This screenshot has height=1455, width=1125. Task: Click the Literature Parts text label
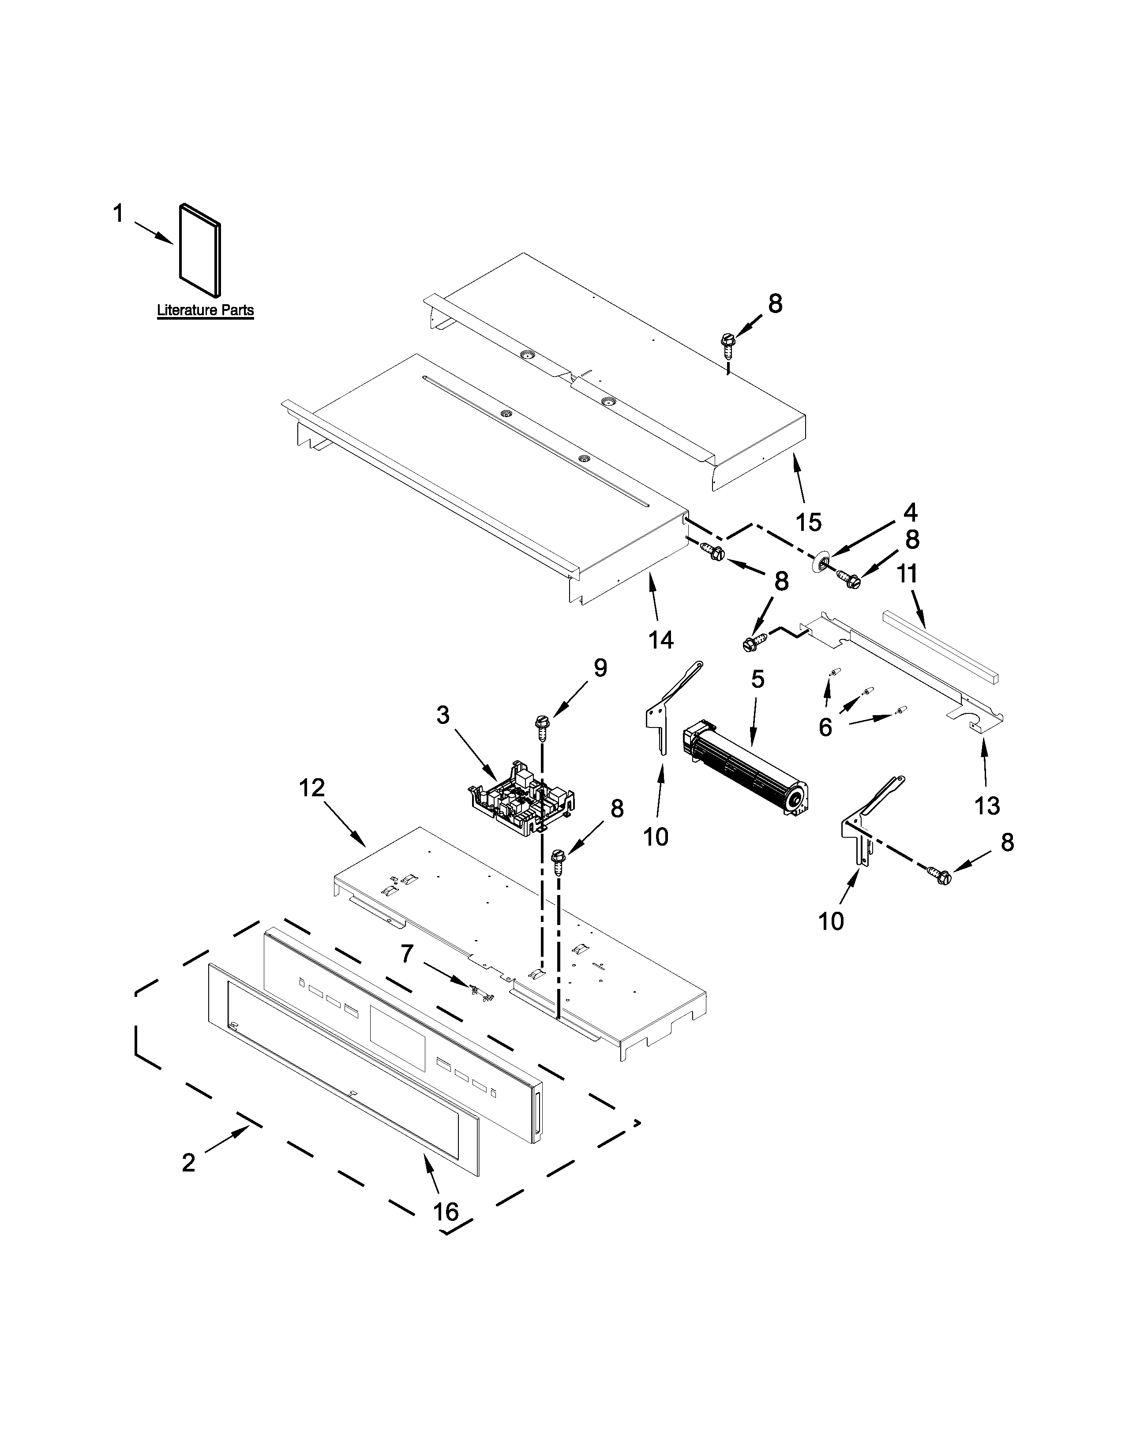(205, 310)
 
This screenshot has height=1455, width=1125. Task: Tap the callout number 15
(808, 522)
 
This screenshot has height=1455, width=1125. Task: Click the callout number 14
(661, 640)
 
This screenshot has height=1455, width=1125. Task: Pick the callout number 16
(446, 1212)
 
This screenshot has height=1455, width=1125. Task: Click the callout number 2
(189, 1163)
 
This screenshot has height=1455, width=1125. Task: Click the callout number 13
(987, 806)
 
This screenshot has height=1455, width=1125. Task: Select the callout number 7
(407, 954)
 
